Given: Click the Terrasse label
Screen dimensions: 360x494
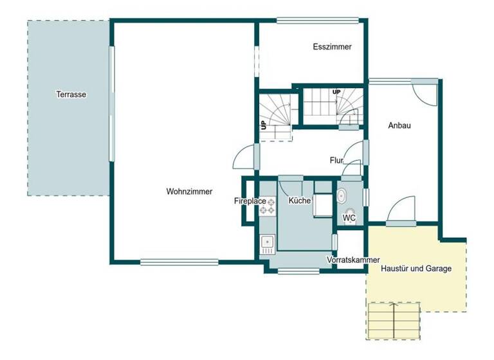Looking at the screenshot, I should (71, 94).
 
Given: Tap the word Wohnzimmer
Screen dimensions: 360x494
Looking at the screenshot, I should (189, 191).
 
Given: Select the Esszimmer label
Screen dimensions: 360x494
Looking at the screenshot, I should (332, 46).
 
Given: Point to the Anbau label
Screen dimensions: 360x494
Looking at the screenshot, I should (399, 126).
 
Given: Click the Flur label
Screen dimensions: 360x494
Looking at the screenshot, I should (336, 160).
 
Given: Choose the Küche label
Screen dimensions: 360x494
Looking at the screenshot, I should (300, 201).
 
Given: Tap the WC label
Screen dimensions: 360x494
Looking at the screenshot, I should (349, 218).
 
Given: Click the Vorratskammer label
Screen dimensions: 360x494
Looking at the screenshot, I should (353, 260).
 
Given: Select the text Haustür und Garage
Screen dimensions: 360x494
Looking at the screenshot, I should (416, 268).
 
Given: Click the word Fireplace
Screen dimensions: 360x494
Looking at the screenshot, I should (250, 201).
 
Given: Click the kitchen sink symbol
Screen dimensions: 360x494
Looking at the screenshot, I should (268, 243).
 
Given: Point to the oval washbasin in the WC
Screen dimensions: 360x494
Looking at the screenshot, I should (341, 196).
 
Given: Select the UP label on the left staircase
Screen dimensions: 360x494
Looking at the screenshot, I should (264, 125).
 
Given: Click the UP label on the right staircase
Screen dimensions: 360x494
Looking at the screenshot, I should (336, 93).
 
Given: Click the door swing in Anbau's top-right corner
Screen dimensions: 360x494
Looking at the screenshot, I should (425, 94).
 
